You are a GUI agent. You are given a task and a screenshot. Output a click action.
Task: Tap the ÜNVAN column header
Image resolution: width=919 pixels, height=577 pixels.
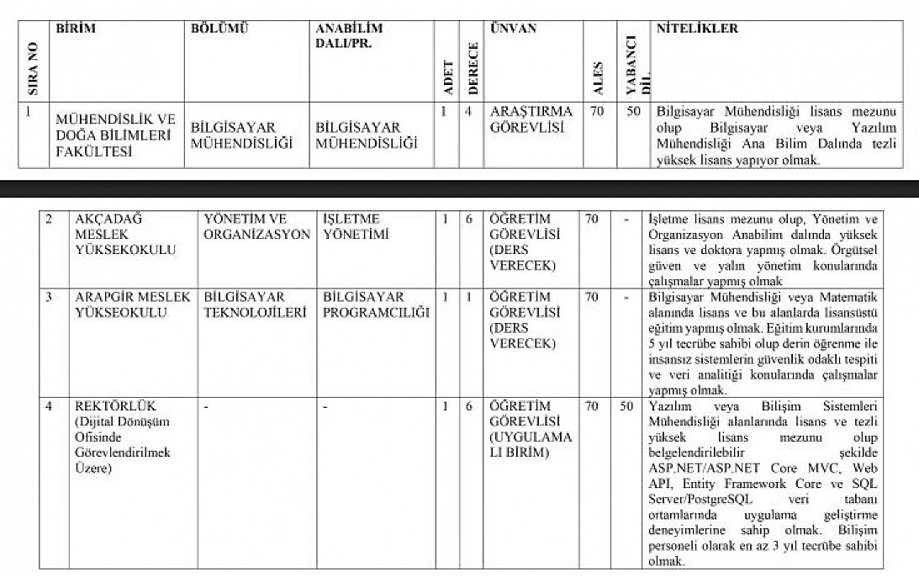pyautogui.click(x=513, y=29)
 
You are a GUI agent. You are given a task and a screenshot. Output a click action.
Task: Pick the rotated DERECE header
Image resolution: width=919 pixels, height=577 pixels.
pyautogui.click(x=473, y=68)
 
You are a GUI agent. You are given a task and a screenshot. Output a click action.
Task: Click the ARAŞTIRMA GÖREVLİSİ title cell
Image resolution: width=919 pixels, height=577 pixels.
pyautogui.click(x=531, y=119)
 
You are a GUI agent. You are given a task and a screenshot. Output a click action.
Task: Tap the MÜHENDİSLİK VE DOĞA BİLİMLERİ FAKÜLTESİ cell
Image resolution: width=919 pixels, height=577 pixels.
pyautogui.click(x=114, y=135)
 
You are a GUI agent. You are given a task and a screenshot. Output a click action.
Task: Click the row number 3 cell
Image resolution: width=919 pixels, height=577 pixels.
pyautogui.click(x=50, y=297)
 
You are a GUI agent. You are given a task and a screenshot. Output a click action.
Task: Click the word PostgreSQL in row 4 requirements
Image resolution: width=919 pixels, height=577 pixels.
pyautogui.click(x=719, y=499)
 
